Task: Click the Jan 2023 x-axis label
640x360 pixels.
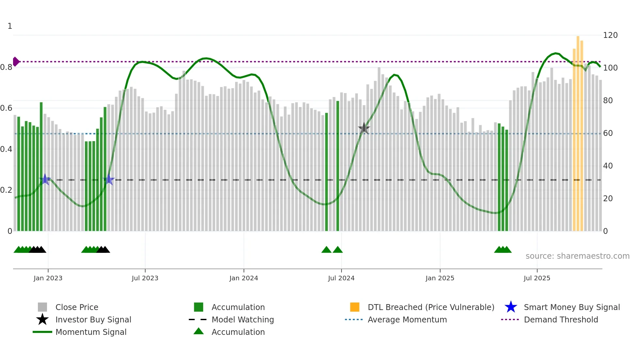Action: point(48,278)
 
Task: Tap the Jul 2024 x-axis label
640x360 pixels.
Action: point(341,278)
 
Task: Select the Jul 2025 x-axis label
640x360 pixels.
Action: point(537,278)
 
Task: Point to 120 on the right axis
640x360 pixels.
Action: point(610,35)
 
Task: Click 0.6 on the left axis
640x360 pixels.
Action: point(6,108)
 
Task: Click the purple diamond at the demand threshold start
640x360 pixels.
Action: point(16,61)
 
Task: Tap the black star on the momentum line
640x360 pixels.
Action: point(364,128)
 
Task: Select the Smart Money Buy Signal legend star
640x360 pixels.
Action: point(511,307)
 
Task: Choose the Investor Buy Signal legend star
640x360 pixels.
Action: point(42,319)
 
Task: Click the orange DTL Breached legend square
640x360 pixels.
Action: point(355,307)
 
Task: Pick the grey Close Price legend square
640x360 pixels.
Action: point(42,307)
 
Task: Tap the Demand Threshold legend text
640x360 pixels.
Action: point(561,319)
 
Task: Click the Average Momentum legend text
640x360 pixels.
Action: point(407,319)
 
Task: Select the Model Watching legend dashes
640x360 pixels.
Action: point(198,319)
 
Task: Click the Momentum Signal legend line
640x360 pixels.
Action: point(42,332)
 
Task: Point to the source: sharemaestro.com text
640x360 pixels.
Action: point(577,256)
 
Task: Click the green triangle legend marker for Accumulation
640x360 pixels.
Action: point(199,331)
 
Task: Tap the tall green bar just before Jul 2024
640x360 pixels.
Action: point(338,163)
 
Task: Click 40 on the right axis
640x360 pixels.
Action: point(608,166)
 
